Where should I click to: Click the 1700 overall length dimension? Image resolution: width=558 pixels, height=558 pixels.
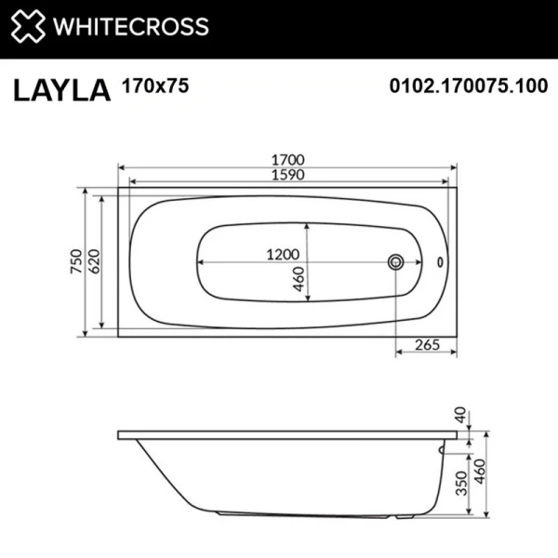[x=287, y=159]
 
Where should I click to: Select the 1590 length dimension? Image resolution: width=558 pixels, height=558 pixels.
[x=287, y=175]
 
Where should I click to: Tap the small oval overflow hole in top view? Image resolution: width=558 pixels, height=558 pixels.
[x=440, y=261]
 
